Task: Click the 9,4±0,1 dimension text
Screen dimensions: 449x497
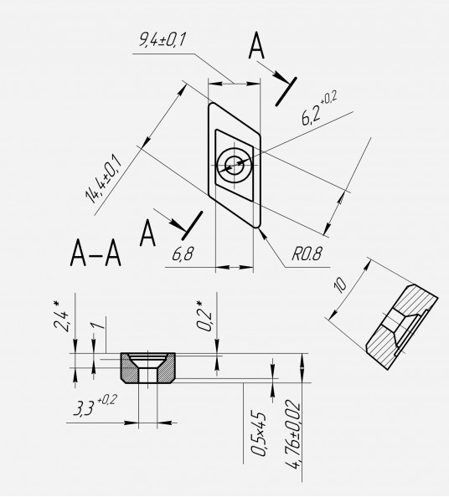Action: point(163,39)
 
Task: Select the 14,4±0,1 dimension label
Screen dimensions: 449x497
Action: point(103,179)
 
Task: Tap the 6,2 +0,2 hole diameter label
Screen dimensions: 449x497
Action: point(319,108)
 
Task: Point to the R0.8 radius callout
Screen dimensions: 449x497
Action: point(307,254)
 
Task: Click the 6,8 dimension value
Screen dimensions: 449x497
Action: point(183,254)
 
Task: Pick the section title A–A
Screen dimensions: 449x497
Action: point(95,253)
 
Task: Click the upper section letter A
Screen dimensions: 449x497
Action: point(256,46)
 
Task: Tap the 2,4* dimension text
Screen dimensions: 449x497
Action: point(60,316)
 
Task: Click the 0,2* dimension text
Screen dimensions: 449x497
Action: point(204,315)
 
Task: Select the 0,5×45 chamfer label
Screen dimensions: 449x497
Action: point(258,434)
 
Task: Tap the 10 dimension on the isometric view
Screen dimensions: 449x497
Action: point(340,285)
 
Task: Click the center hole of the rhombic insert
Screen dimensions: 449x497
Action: point(235,165)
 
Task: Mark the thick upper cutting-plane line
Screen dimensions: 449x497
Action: point(286,91)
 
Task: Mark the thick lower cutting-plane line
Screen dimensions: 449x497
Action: point(192,226)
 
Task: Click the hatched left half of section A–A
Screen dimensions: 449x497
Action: point(130,369)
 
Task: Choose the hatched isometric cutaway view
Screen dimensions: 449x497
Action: point(402,326)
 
